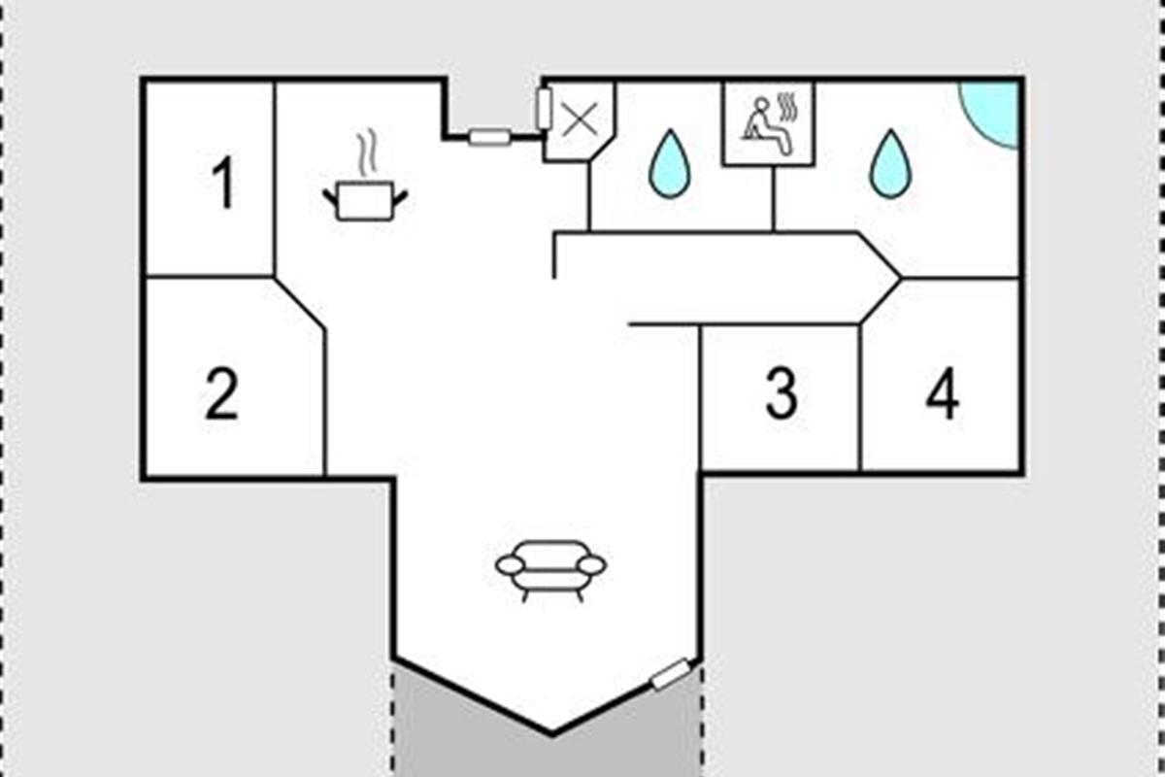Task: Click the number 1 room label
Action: [223, 183]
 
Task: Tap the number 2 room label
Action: [222, 393]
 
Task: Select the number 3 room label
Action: [782, 393]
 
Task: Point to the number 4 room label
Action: [943, 393]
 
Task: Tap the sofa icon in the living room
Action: [551, 571]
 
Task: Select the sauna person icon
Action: [767, 126]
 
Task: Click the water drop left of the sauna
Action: [670, 164]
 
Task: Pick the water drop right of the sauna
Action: [891, 164]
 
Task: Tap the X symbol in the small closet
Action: [580, 120]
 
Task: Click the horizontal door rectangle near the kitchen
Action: [489, 137]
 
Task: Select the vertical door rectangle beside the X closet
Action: [544, 108]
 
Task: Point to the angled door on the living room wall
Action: [671, 674]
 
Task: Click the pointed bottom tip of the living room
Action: [552, 735]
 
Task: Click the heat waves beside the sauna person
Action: [789, 107]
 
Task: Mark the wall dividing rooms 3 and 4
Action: [860, 397]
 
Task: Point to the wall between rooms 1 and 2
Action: [209, 277]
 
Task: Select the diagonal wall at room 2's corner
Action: [300, 303]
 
